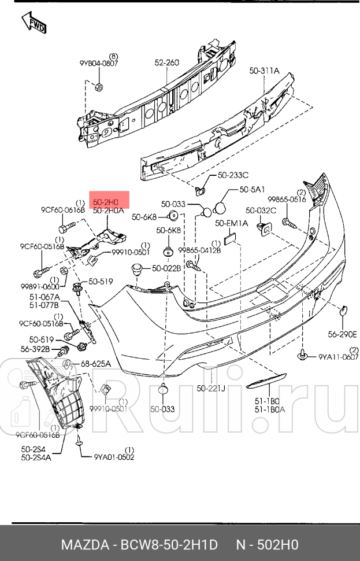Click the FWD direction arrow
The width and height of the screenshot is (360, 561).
(34, 24)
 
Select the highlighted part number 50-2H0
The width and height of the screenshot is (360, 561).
(106, 202)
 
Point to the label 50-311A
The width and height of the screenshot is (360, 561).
(264, 71)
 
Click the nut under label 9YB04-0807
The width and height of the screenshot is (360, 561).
(98, 87)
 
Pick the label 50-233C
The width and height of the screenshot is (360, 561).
(233, 175)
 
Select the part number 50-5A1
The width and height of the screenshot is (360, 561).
(253, 189)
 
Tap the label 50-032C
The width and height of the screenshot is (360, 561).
(261, 211)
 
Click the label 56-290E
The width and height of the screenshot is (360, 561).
(343, 334)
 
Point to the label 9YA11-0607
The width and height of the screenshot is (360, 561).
(339, 357)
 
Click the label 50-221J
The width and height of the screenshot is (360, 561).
(211, 388)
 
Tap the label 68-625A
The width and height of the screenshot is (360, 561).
(95, 364)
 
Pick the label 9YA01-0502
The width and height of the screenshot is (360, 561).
(114, 456)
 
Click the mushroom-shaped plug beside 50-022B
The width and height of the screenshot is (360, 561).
(137, 268)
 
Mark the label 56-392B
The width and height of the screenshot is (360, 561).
(36, 349)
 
